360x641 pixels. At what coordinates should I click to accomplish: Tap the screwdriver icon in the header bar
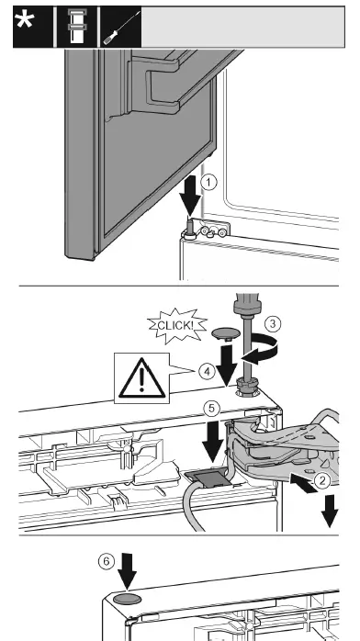[x=113, y=28]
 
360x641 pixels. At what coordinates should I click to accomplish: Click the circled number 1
[x=209, y=183]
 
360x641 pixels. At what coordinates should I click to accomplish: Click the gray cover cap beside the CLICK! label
[x=225, y=332]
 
